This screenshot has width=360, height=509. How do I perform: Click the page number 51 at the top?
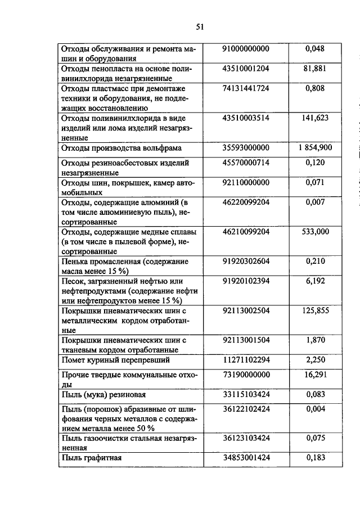pos(200,26)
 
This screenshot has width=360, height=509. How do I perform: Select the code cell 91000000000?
pos(246,49)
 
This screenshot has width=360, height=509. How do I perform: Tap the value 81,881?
pos(314,69)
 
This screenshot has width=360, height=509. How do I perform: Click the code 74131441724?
pos(246,89)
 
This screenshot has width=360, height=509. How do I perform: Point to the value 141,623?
pos(314,118)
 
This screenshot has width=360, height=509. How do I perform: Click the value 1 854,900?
pos(314,148)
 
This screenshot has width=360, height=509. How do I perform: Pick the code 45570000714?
pos(246,163)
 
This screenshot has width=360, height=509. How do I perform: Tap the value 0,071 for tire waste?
pos(314,182)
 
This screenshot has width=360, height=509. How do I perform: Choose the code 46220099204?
pos(246,202)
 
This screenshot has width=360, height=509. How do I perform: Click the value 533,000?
pos(314,231)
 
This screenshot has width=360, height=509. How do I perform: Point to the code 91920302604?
pos(246,262)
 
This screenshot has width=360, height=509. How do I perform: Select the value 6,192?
pos(314,281)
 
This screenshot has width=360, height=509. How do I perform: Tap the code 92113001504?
pos(246,340)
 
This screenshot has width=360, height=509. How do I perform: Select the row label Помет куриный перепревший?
pos(115,359)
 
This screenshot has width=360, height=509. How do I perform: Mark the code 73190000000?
pos(246,375)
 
